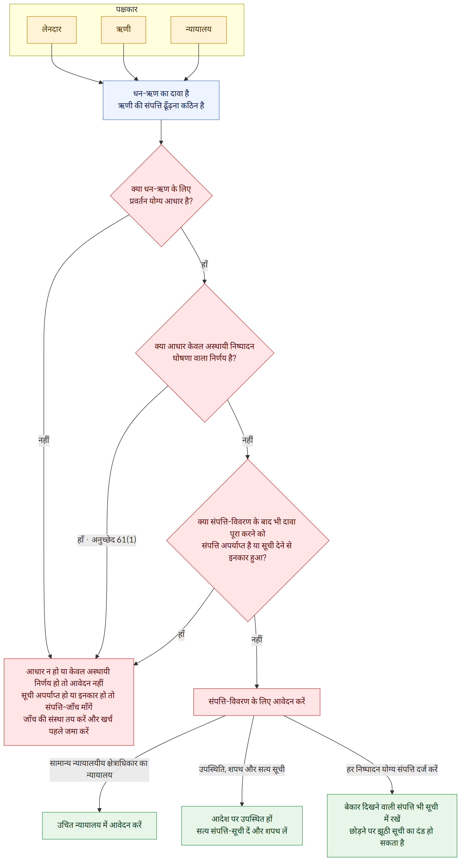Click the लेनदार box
(52, 30)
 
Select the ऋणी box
(123, 30)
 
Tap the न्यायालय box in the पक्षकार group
(199, 30)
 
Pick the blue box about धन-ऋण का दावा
(161, 100)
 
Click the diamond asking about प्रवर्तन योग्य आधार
(161, 196)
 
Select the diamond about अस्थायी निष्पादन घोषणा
(205, 353)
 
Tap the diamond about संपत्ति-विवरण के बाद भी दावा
(248, 540)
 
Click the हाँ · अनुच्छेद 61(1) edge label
(107, 540)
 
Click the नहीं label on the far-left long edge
(44, 440)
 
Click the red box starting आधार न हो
(69, 702)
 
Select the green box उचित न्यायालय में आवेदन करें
(99, 825)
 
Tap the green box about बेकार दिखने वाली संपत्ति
(392, 825)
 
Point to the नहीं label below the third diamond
(257, 640)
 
